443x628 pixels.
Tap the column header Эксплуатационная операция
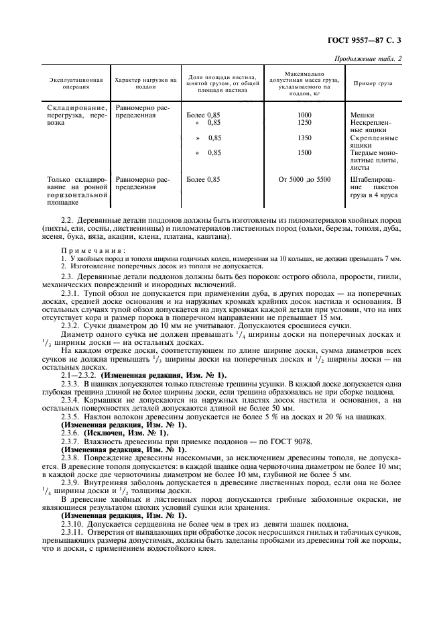76,83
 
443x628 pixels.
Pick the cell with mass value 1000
304,115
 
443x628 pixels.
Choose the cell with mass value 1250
304,123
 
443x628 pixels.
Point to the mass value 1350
304,138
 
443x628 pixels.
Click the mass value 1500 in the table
304,152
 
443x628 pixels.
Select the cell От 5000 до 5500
304,179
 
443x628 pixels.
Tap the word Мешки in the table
362,115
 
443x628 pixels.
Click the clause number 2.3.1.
70,293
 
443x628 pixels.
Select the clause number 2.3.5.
70,416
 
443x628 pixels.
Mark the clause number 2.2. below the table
68,220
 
